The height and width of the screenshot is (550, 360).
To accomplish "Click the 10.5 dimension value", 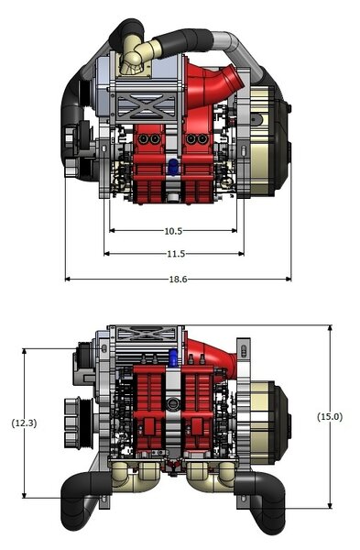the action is tap(173, 231).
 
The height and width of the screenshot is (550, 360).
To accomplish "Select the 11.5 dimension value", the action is tap(176, 254).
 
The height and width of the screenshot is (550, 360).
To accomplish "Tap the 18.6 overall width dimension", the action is tap(178, 280).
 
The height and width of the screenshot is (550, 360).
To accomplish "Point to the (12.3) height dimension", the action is tap(24, 423).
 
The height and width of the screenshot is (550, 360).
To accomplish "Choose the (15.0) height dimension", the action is tap(330, 417).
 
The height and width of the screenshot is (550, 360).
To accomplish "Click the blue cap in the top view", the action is tap(173, 166).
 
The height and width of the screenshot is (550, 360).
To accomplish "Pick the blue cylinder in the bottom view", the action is tap(173, 357).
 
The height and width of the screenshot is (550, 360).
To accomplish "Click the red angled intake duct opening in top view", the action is tap(235, 77).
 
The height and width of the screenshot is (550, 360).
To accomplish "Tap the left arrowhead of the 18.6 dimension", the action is tap(68, 280).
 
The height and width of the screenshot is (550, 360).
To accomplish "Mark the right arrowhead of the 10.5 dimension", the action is tap(235, 231).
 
